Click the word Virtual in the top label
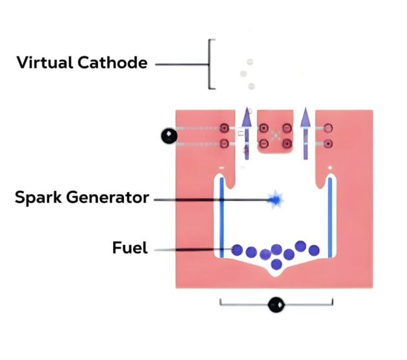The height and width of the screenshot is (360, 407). click(45, 63)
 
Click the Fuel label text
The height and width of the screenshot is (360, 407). click(130, 248)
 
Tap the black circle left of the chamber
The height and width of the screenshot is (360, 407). click(168, 135)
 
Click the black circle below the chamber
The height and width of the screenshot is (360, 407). click(276, 305)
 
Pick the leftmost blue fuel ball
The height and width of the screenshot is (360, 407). click(237, 250)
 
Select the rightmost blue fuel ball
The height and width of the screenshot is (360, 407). click(314, 250)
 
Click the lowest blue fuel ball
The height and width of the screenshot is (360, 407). click(276, 264)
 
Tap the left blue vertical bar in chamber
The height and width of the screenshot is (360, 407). click(222, 216)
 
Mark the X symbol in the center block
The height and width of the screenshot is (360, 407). click(275, 135)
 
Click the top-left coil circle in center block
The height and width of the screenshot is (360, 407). click(264, 128)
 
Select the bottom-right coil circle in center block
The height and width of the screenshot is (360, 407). click(287, 143)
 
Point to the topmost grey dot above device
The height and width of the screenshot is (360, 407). click(250, 62)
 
